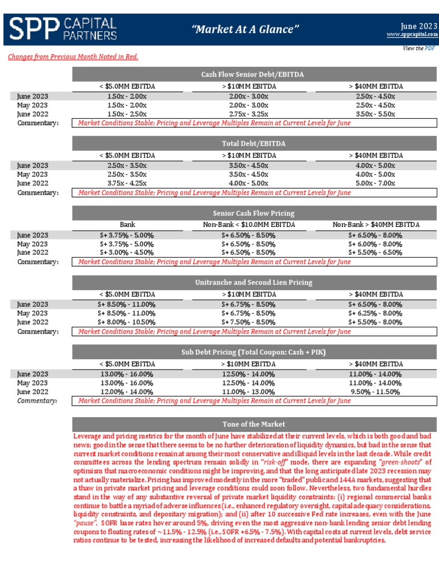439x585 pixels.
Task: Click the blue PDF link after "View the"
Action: point(429,49)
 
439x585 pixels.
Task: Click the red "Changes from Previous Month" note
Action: point(73,57)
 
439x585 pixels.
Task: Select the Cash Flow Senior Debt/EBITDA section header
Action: point(252,75)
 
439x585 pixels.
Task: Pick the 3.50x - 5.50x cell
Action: point(375,114)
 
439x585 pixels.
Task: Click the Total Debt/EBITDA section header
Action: point(253,143)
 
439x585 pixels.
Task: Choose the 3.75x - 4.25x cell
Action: point(127,183)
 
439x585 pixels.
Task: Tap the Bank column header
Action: point(127,225)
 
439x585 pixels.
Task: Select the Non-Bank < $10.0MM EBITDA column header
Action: point(249,225)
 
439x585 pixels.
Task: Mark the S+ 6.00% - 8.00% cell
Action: point(375,244)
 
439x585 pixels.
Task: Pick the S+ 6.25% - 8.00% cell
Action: point(375,313)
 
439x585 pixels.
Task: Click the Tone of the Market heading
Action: point(253,424)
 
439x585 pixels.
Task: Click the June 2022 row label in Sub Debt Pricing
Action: point(33,392)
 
